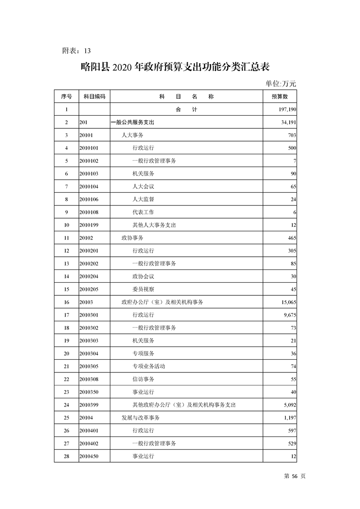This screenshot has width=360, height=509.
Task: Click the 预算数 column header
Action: pyautogui.click(x=279, y=97)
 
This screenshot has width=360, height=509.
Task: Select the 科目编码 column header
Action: pyautogui.click(x=94, y=97)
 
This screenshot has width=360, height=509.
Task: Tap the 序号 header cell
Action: pyautogui.click(x=66, y=97)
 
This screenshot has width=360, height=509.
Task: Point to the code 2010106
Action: pyautogui.click(x=89, y=199)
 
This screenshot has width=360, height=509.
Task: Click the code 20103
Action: pyautogui.click(x=86, y=302)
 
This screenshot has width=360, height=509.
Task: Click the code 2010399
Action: pyautogui.click(x=89, y=405)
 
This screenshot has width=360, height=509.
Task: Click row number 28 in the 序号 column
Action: pyautogui.click(x=66, y=456)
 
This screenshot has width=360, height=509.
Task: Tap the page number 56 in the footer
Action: pyautogui.click(x=295, y=476)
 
